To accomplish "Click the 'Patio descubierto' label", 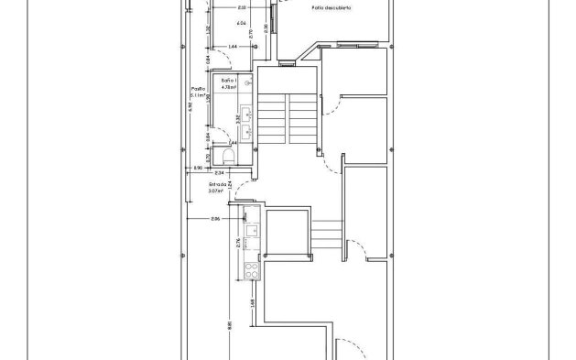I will (x=331, y=8).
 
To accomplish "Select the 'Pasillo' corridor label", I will (x=197, y=89).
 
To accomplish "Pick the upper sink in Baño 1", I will (x=245, y=106).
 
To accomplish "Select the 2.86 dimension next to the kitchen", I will (x=214, y=220).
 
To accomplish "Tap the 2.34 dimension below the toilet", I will (x=220, y=171).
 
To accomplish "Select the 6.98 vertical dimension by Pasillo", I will (x=190, y=105).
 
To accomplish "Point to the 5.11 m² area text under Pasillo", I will (x=197, y=95).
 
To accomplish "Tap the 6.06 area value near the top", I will (x=242, y=22).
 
